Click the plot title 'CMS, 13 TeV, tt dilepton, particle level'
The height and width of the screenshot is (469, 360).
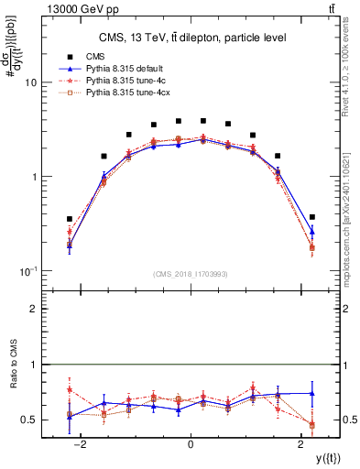191,38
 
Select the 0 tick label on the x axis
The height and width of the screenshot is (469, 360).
191,443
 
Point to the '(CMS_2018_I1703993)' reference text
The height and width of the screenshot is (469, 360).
191,274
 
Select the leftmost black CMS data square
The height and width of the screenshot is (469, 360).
70,219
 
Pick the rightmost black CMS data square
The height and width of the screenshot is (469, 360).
312,217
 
